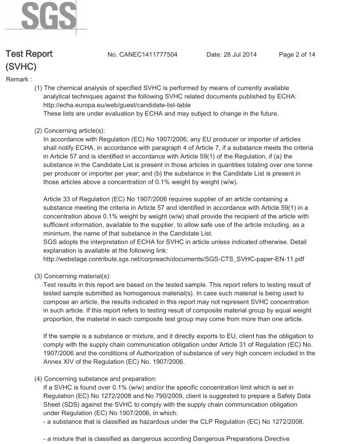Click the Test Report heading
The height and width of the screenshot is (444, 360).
click(29, 54)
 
